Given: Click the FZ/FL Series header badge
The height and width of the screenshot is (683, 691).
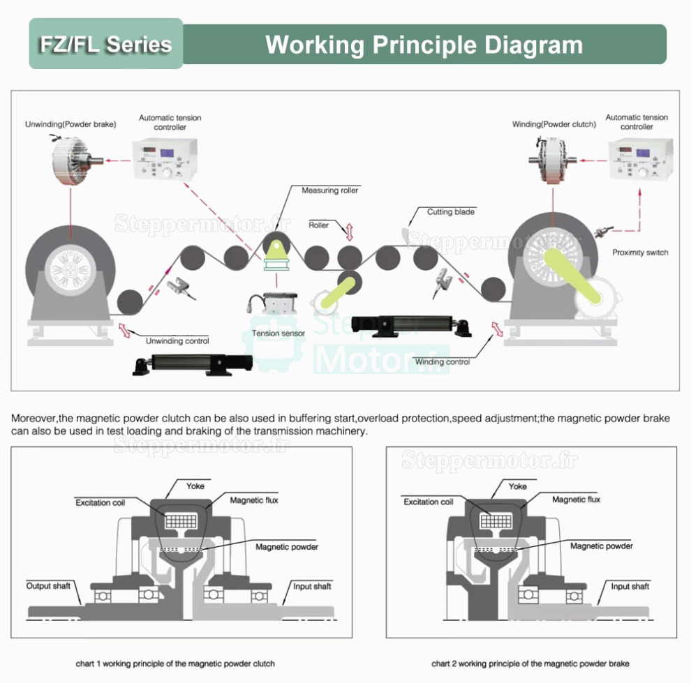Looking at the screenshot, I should [x=105, y=44].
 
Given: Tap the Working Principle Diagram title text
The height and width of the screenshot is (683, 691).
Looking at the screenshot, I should [x=424, y=45].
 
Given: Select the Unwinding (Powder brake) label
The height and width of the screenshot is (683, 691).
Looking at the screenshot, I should [x=70, y=124].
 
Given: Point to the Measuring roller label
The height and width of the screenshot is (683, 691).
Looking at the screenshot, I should [x=330, y=190].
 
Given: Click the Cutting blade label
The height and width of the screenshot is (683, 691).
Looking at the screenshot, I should [x=451, y=211].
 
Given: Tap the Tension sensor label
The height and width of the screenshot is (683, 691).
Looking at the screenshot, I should [x=278, y=333].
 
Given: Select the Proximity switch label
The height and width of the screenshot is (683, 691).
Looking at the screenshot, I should [x=640, y=253].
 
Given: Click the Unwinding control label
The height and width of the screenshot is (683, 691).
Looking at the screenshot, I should [x=177, y=341].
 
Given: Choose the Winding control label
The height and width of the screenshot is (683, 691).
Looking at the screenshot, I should [x=443, y=361].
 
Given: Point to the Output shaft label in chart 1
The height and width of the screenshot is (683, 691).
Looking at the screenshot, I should [x=49, y=585].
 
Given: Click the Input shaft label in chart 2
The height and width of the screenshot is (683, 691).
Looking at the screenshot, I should [x=630, y=586].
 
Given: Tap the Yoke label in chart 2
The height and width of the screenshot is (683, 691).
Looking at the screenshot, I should [x=518, y=486].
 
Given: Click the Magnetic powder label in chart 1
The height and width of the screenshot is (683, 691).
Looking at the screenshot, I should [x=287, y=547].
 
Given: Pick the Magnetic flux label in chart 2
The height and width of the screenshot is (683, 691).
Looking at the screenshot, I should [x=576, y=500].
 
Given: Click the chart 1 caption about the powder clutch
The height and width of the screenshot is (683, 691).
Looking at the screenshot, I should [x=175, y=663].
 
